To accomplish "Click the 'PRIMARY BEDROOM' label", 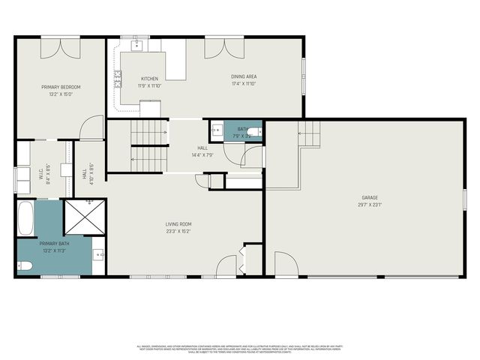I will point(61,87).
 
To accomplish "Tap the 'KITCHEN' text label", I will point(150,78).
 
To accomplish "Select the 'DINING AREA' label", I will point(244,77).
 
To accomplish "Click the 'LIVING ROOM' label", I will point(178,223).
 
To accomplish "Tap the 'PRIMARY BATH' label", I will point(54,244).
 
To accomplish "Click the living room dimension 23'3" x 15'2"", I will point(178,231).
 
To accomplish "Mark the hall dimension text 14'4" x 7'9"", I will point(202,155).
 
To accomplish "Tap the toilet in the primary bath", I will point(25,265).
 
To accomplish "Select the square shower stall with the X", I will point(84,217).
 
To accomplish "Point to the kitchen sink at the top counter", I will point(139,45).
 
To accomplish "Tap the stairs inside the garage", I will point(309,135).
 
